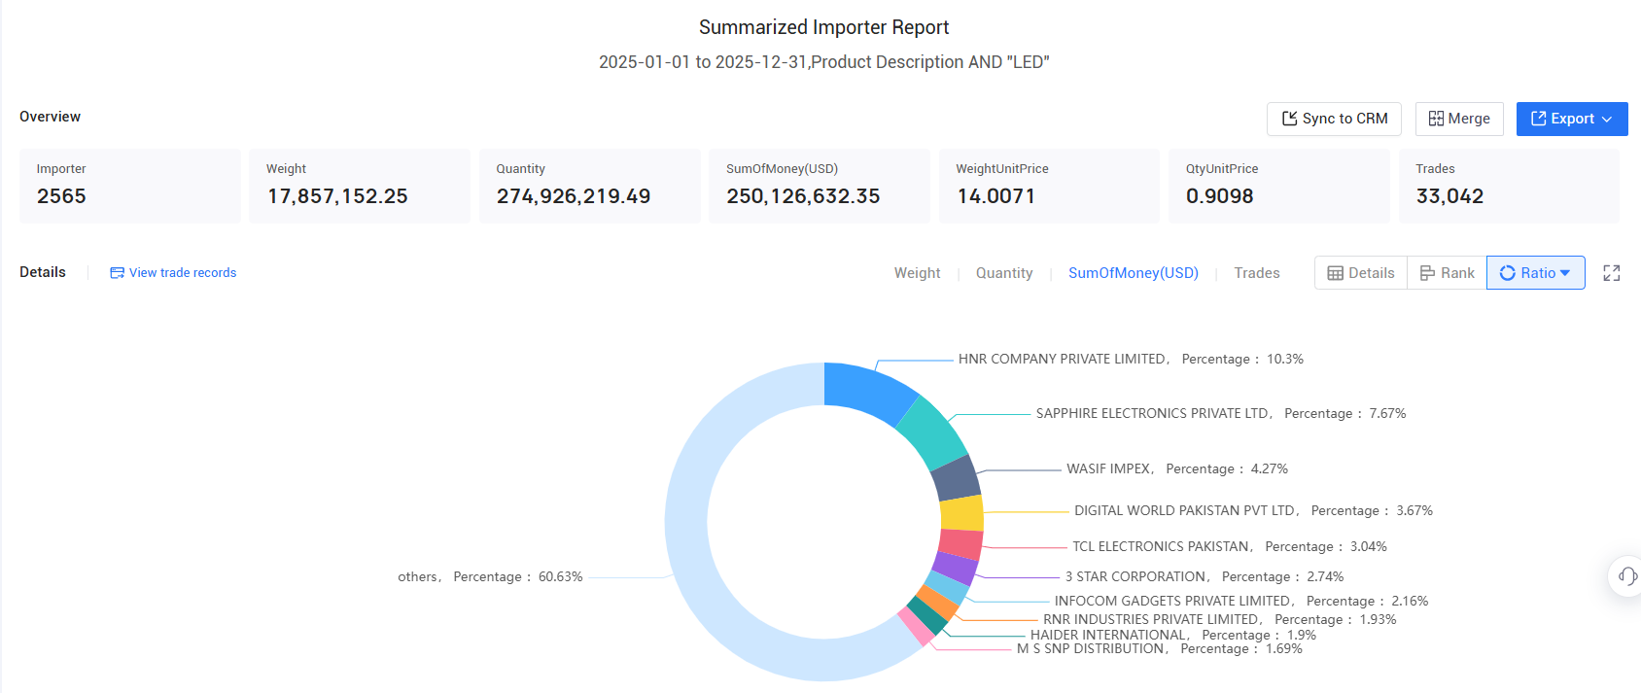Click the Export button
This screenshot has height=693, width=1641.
pyautogui.click(x=1571, y=119)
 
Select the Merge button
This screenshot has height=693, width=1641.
pyautogui.click(x=1459, y=119)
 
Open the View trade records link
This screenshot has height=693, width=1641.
pyautogui.click(x=173, y=272)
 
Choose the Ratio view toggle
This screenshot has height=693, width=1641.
pyautogui.click(x=1535, y=272)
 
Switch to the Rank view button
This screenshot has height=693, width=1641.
pyautogui.click(x=1447, y=272)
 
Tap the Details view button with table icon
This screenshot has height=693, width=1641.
pyautogui.click(x=1361, y=272)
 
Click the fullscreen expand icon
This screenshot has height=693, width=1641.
pyautogui.click(x=1611, y=273)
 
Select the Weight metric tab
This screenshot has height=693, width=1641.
pyautogui.click(x=917, y=272)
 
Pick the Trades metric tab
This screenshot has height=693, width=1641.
pyautogui.click(x=1256, y=272)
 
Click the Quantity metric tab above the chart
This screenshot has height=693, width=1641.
pyautogui.click(x=1003, y=272)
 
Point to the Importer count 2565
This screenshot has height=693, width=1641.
pyautogui.click(x=61, y=195)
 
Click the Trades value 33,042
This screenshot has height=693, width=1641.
pyautogui.click(x=1449, y=195)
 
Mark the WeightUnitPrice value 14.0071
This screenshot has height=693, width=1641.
pyautogui.click(x=995, y=195)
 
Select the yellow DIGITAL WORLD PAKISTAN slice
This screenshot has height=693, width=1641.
pyautogui.click(x=961, y=513)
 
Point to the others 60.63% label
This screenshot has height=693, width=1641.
pyautogui.click(x=490, y=576)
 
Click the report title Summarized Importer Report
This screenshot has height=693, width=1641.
pyautogui.click(x=823, y=27)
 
